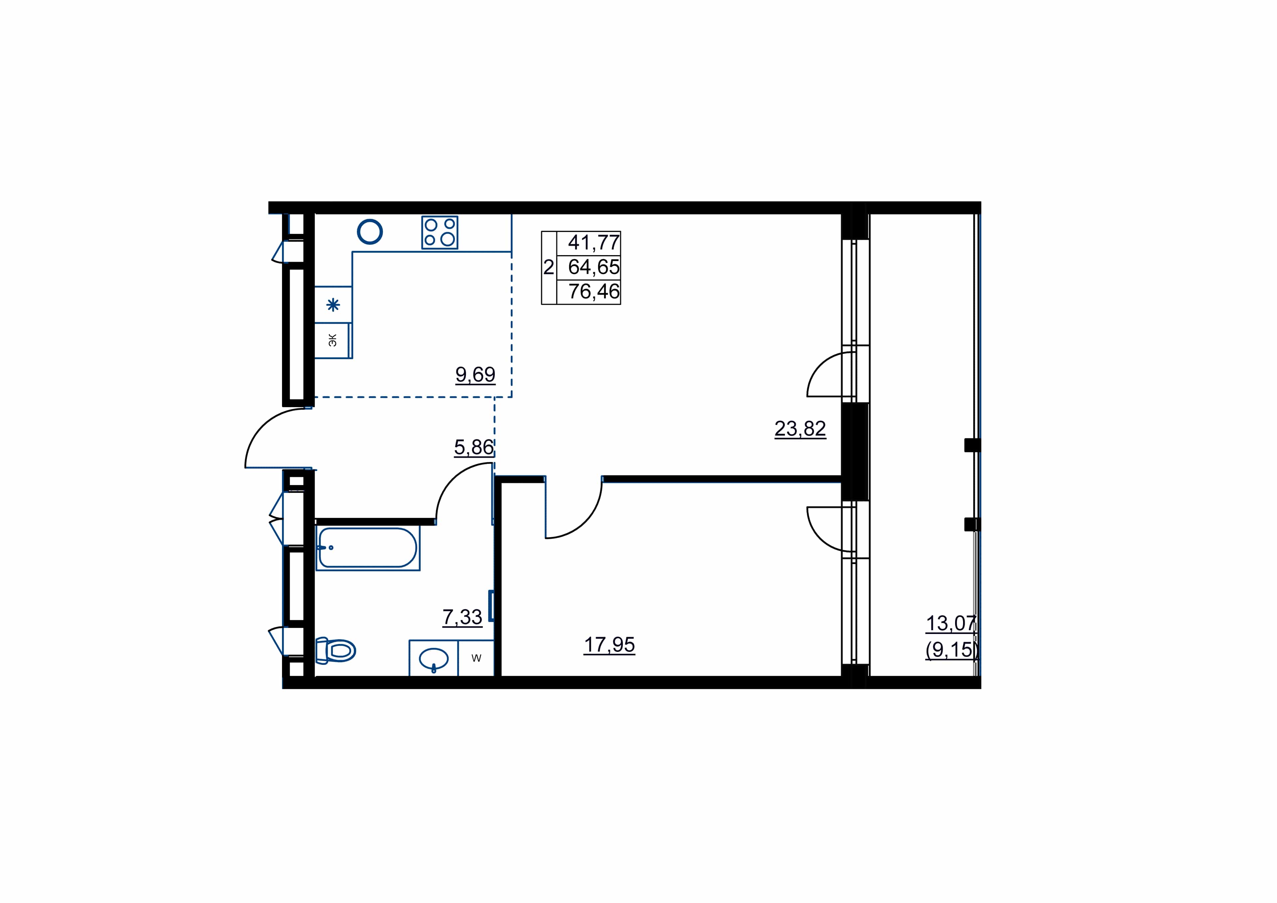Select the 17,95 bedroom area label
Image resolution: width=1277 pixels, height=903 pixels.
point(609,645)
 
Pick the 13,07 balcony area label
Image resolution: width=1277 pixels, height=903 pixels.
point(951,623)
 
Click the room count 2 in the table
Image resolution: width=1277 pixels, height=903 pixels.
point(548,268)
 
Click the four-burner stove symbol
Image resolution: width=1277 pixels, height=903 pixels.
point(439,232)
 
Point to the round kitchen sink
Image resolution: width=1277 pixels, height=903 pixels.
point(370,231)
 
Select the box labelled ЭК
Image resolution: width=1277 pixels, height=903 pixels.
point(332,341)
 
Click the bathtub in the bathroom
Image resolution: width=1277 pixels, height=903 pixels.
point(368,548)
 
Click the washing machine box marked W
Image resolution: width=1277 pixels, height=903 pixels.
point(476,658)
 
